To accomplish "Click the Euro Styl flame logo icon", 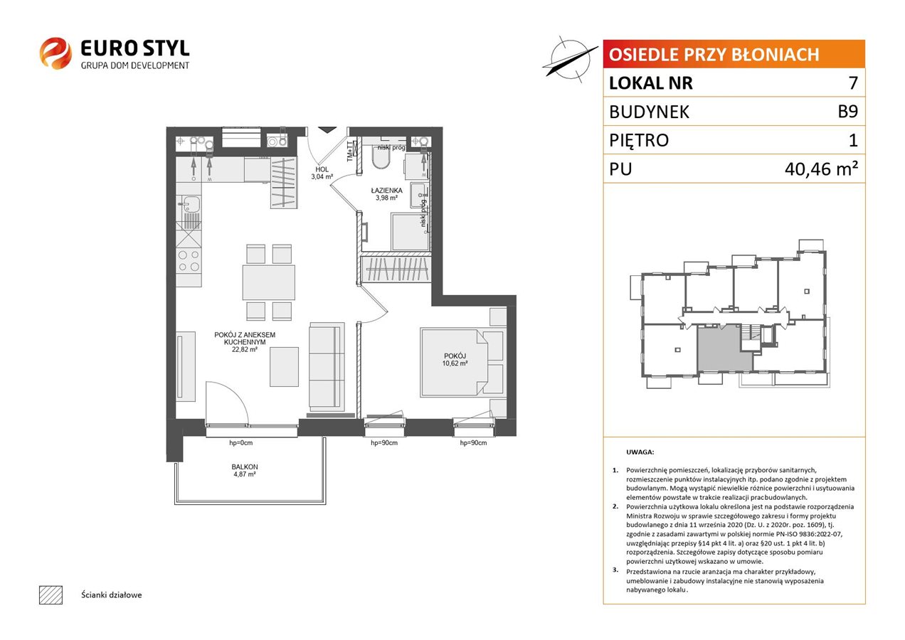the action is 55,53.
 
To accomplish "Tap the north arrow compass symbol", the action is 570,60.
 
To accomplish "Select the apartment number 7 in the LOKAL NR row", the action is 853,82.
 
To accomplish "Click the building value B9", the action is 847,111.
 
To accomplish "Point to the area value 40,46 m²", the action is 821,169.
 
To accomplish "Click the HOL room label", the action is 322,169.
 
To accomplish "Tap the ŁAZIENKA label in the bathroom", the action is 386,190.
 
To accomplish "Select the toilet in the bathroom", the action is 381,159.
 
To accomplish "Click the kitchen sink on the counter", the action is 189,205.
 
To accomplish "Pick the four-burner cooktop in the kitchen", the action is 189,260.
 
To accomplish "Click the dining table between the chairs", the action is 269,282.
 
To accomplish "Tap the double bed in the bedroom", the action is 454,362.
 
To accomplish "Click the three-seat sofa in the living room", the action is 327,367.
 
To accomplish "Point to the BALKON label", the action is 245,466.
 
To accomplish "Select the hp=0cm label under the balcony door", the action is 240,443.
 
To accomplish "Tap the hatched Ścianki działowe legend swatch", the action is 51,594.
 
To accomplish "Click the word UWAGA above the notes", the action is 640,452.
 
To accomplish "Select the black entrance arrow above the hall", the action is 327,129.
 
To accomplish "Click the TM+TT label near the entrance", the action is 350,151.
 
